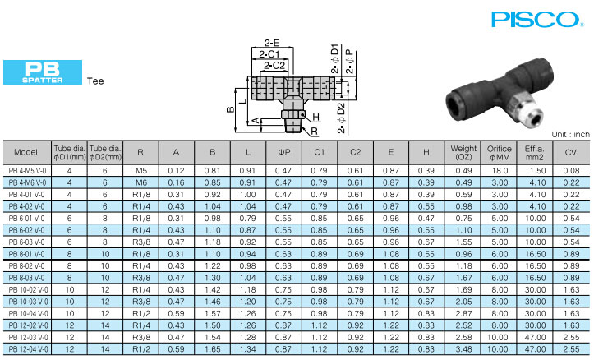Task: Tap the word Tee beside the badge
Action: (95, 81)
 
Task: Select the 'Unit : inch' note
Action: (570, 134)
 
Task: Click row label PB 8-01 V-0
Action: (26, 255)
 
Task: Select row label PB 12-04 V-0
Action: (26, 349)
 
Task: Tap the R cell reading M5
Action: (140, 169)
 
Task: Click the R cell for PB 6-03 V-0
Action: (140, 243)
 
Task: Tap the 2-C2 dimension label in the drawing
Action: (273, 65)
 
